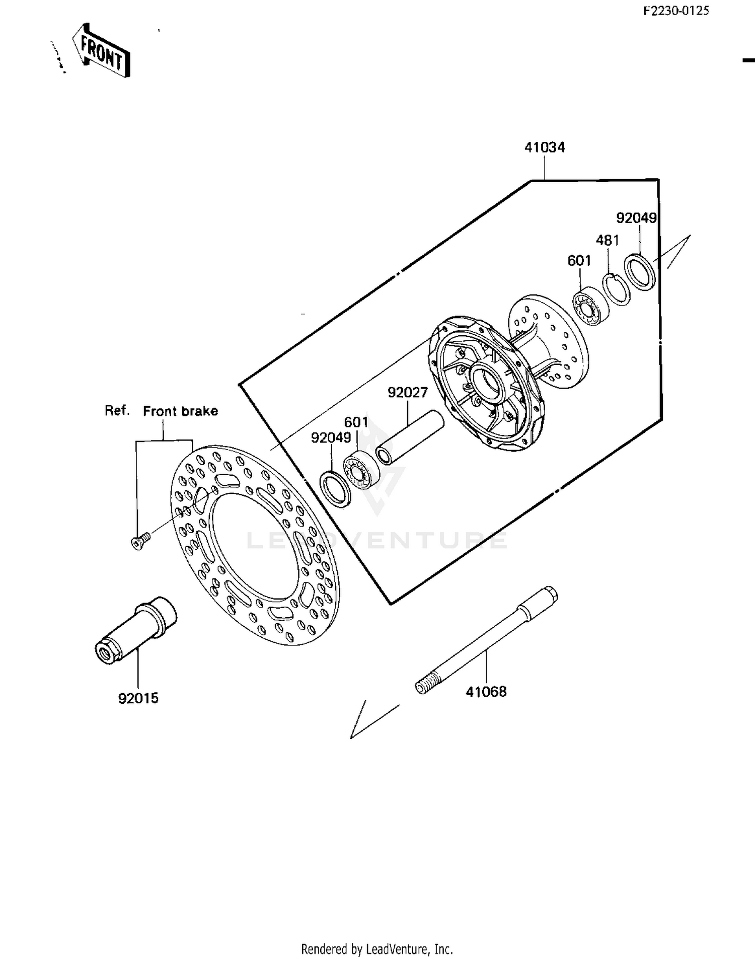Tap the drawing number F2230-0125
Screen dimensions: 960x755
coord(676,11)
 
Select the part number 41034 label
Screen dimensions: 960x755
coord(545,147)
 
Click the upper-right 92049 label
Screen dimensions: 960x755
coord(636,218)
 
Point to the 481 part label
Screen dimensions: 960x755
coord(607,241)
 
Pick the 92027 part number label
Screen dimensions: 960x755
coord(407,393)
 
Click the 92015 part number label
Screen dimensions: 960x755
coord(138,698)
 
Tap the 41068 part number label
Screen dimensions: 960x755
coord(486,692)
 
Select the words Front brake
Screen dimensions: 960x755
coord(180,411)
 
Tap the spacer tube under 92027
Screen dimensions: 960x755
coord(409,438)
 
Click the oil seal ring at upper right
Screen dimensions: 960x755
coord(640,272)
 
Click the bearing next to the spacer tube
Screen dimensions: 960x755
coord(361,472)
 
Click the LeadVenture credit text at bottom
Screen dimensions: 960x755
coord(377,949)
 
